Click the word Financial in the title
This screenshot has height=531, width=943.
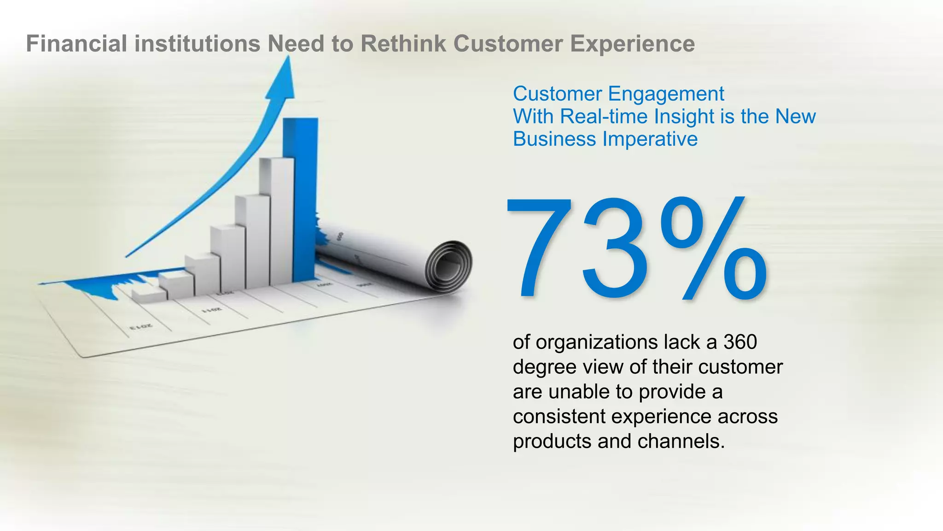click(76, 44)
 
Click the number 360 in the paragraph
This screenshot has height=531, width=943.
click(740, 342)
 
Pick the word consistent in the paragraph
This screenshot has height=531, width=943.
click(559, 417)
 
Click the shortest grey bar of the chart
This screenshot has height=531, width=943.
click(148, 295)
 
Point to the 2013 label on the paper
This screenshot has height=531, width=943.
click(141, 327)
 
